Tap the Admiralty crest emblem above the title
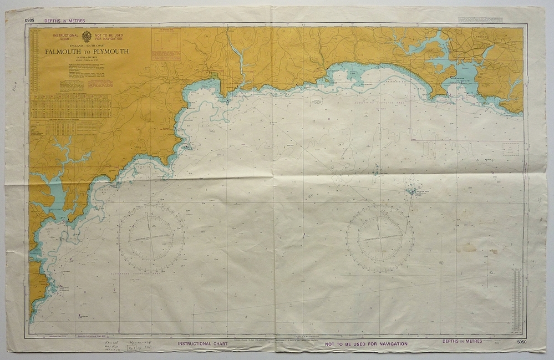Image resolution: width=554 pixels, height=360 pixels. pos(87,37)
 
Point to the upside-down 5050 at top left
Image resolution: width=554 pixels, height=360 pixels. pos(30,21)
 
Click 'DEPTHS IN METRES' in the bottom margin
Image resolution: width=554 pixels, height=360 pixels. pos(462,342)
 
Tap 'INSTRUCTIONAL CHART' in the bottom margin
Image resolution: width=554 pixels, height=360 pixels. pos(202,344)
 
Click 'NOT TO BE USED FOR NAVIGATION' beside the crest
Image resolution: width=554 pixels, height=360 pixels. pos(109,37)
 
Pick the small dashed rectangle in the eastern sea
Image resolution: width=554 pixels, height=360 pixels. pos(510,149)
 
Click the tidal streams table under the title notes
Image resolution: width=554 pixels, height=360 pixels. pos(70,105)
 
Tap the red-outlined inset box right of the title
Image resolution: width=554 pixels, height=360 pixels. pos(166,44)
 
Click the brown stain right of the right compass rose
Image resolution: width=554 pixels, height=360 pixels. pos(469,247)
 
